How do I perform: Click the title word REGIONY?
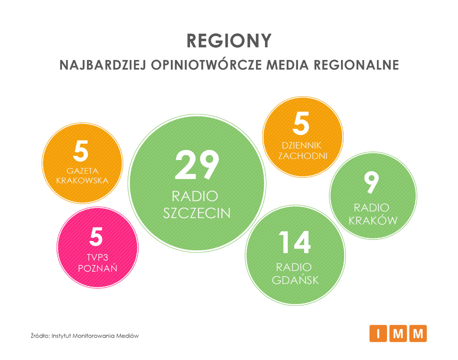(x=229, y=41)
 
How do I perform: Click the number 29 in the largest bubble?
(x=197, y=165)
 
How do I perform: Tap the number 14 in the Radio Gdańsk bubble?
(x=295, y=242)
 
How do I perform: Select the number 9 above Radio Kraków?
(x=371, y=182)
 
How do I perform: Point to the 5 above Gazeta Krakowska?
(x=81, y=151)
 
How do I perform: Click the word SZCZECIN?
(x=197, y=213)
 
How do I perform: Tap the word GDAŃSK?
(x=295, y=280)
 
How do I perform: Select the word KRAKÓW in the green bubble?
(x=373, y=220)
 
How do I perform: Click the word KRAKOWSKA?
(x=82, y=181)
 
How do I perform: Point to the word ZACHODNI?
(x=303, y=156)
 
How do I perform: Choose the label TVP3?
(x=97, y=258)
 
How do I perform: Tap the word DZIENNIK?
(x=301, y=145)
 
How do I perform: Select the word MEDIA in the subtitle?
(x=287, y=65)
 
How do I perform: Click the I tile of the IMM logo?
(x=378, y=333)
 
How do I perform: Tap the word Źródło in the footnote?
(x=40, y=336)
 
